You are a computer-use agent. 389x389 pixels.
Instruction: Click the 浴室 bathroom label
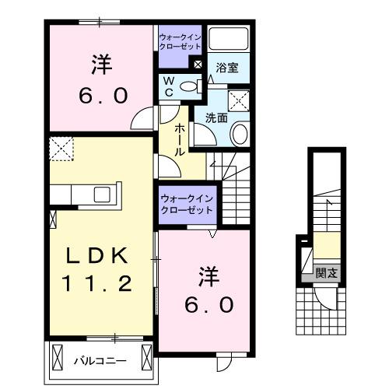(x=228, y=68)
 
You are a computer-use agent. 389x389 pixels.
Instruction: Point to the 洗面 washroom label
(x=217, y=117)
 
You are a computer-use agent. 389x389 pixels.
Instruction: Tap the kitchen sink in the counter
(x=103, y=194)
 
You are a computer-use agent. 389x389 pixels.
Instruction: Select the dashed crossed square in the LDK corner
(x=60, y=147)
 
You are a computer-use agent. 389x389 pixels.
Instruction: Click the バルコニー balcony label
(x=100, y=360)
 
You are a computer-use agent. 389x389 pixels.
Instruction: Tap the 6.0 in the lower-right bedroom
(x=209, y=305)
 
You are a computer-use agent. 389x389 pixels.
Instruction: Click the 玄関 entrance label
(x=327, y=272)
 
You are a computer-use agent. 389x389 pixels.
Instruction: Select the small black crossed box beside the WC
(x=198, y=65)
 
